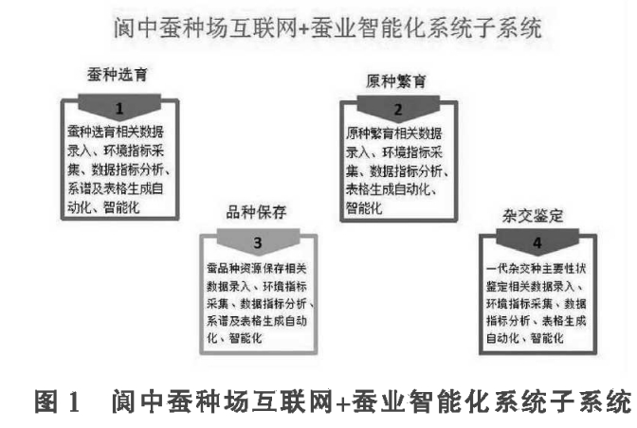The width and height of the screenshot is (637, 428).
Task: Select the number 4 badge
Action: click(x=537, y=243)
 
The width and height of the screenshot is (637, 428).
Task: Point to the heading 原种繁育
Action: click(x=397, y=80)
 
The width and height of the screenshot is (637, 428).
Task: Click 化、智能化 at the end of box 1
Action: click(x=104, y=206)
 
